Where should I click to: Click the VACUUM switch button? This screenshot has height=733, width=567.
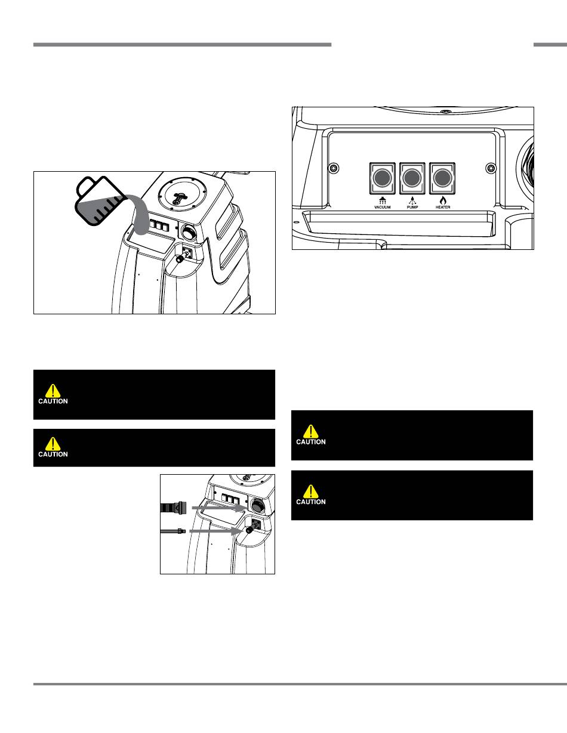[x=382, y=178]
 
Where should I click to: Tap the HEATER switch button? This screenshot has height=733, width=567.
[x=442, y=178]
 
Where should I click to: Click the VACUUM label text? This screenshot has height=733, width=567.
[x=383, y=207]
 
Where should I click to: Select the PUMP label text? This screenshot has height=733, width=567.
[x=412, y=207]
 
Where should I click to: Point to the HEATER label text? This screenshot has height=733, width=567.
[x=443, y=207]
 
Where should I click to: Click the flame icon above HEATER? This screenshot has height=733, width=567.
[x=443, y=200]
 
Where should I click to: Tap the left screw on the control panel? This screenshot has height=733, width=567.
[x=334, y=168]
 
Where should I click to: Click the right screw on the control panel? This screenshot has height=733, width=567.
[x=491, y=168]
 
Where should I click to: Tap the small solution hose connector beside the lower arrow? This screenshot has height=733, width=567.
[x=173, y=531]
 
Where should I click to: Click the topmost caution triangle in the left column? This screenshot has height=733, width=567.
[x=53, y=391]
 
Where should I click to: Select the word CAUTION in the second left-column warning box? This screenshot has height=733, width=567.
[x=53, y=454]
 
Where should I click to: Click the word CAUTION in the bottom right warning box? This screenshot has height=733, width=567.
[x=311, y=502]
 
